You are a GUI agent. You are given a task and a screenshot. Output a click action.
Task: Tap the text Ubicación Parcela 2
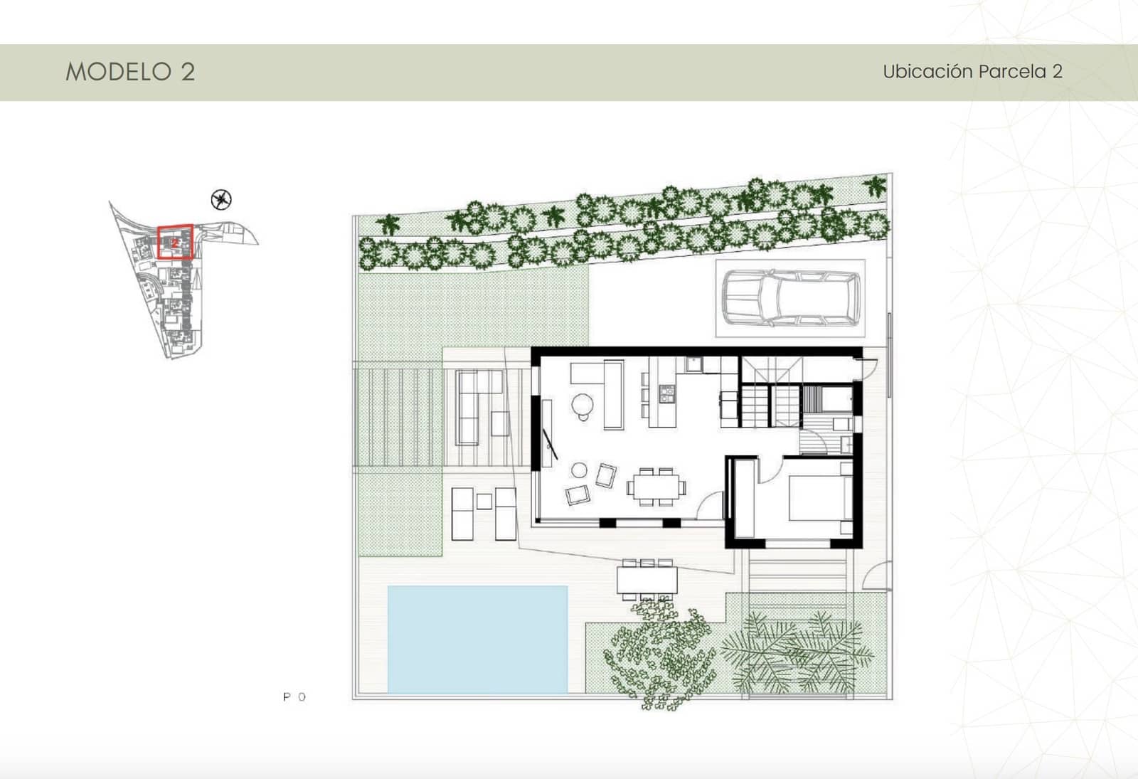click(x=972, y=72)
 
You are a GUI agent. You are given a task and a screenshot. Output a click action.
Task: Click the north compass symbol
click(x=222, y=200)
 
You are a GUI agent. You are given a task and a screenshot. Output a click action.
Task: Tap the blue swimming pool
click(x=477, y=639)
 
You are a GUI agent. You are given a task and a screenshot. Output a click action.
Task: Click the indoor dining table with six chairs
click(x=656, y=487)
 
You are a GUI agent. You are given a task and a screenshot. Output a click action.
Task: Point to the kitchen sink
click(x=693, y=365)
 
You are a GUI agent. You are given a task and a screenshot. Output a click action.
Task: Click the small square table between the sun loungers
click(x=484, y=500)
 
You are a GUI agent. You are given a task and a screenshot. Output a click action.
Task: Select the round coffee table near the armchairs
click(x=580, y=470)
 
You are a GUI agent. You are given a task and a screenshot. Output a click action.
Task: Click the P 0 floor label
click(x=294, y=697)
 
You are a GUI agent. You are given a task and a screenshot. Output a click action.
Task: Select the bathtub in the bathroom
click(x=827, y=399)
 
